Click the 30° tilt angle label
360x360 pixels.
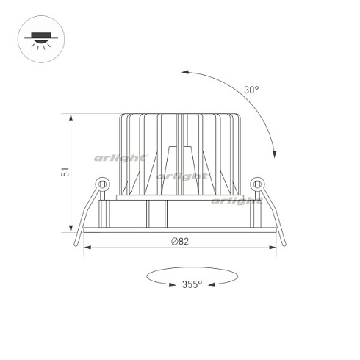coord(251,90)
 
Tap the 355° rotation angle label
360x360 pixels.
coord(192,284)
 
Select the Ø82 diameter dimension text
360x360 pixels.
coord(180,242)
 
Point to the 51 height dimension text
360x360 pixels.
coord(65,172)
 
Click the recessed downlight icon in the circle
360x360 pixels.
coord(41,39)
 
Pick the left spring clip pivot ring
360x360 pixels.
coord(103,184)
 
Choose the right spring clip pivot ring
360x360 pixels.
coord(257,184)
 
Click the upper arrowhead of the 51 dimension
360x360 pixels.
coord(71,118)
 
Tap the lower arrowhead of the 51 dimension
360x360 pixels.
coord(71,228)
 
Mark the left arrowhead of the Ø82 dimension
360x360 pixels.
coord(87,248)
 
